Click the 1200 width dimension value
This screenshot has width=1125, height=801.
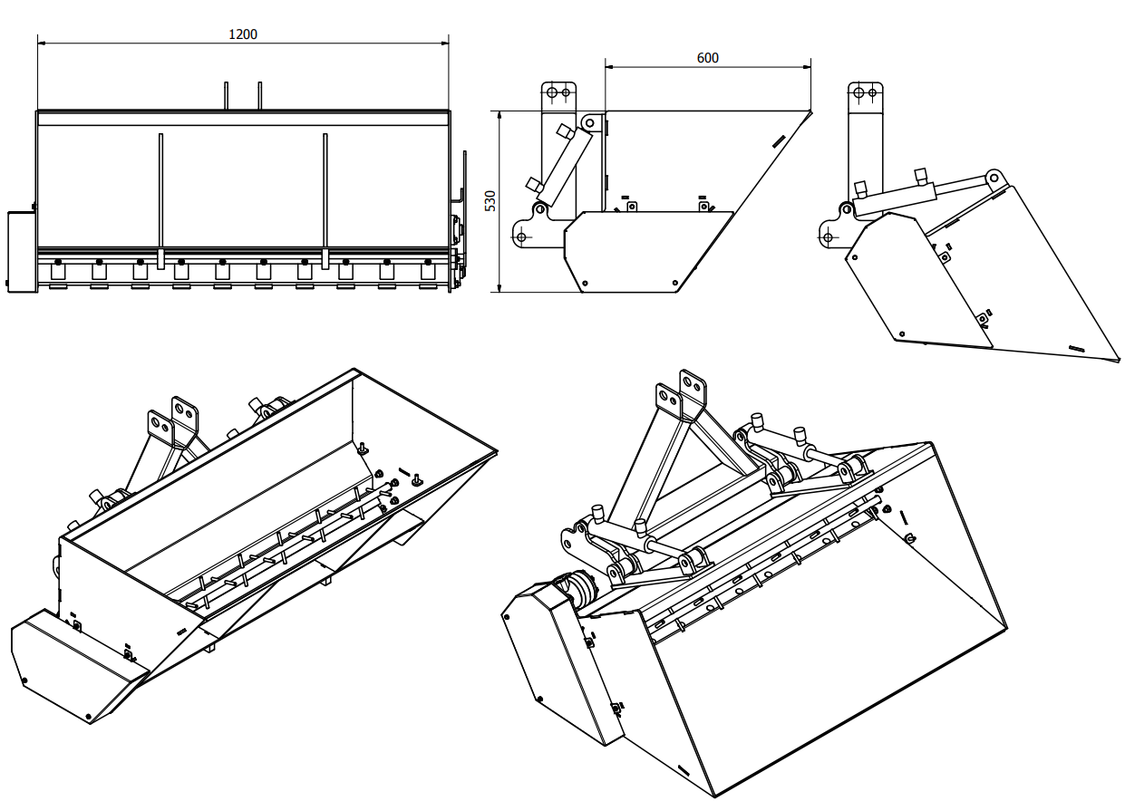(x=243, y=34)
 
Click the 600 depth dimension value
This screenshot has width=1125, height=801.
(x=707, y=58)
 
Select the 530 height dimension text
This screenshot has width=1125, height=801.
(x=490, y=201)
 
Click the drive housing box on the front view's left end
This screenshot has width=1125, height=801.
(x=21, y=251)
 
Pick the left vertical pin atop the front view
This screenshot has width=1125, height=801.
(x=227, y=96)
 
